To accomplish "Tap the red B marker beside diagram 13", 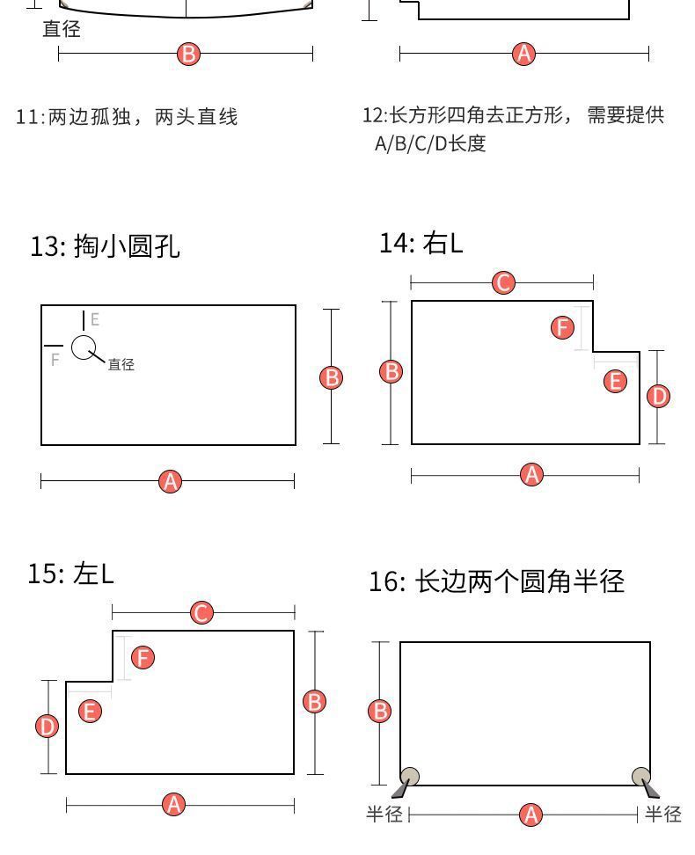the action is click(331, 377).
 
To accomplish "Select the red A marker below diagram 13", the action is click(170, 481).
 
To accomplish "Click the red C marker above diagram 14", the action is click(503, 283).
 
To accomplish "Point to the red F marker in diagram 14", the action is click(562, 327).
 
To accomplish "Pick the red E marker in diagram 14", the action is click(615, 381).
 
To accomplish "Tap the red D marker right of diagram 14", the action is click(658, 396).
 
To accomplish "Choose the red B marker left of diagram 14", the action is click(391, 372).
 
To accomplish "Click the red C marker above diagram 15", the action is click(201, 613).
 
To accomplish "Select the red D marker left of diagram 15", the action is click(47, 727).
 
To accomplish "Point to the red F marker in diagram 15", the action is click(143, 658).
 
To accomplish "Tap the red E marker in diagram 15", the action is click(90, 711).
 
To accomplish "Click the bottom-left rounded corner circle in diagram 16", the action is click(410, 776).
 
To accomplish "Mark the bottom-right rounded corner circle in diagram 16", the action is click(641, 776).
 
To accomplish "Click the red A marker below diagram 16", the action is click(530, 815).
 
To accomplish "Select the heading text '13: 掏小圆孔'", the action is click(105, 246).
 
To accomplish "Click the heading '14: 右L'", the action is click(421, 243).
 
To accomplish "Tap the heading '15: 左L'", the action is click(71, 574).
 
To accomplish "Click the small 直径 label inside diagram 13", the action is click(121, 364).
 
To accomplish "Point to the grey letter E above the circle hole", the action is click(95, 319).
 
